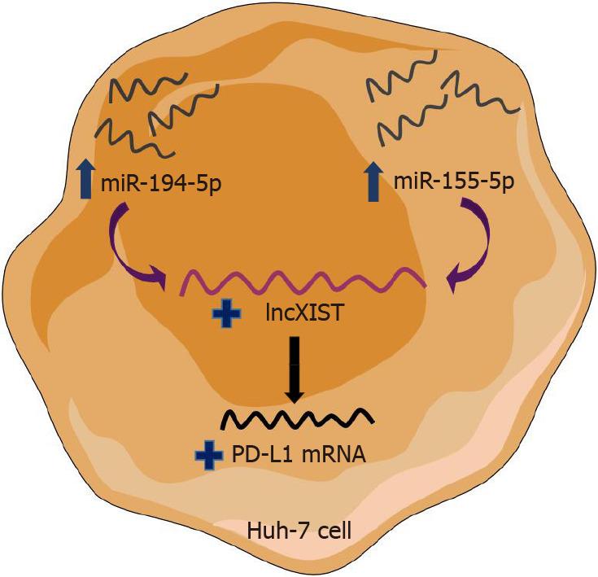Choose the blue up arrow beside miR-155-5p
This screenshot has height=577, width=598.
pos(373,180)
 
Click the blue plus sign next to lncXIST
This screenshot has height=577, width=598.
pos(221,314)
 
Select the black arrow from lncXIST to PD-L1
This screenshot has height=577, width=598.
pos(294,370)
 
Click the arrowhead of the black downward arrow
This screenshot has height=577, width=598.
pos(294,395)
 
